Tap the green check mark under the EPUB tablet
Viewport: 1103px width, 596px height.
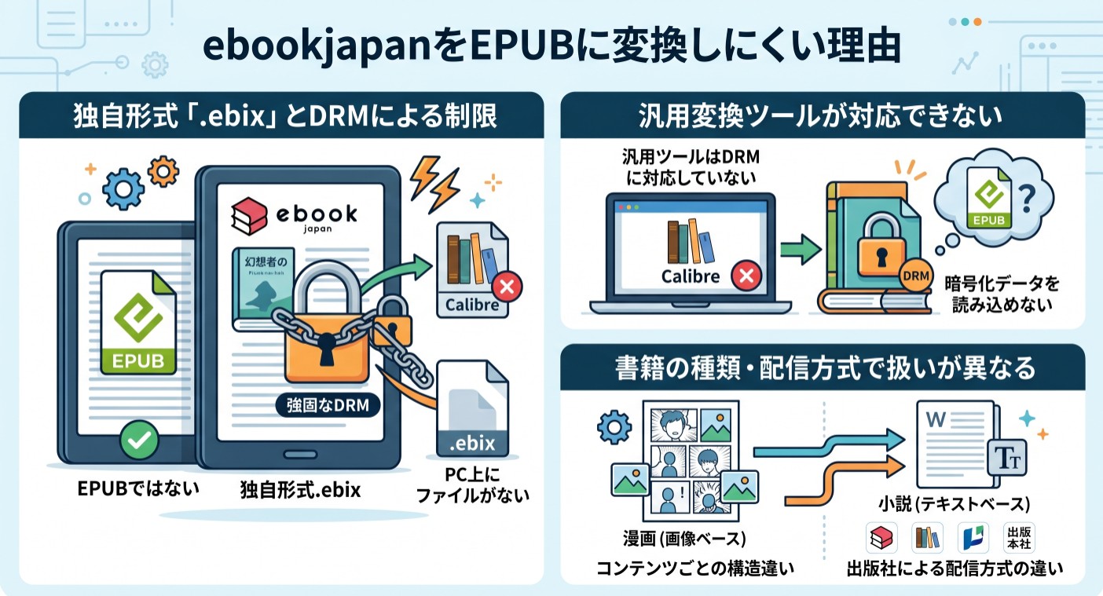tap(138, 442)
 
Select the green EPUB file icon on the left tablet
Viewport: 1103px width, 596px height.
tap(139, 324)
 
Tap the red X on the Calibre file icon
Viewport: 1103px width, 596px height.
tap(507, 288)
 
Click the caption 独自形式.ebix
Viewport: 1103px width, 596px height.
tap(300, 491)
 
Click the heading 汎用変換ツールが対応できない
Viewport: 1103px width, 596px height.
tap(822, 117)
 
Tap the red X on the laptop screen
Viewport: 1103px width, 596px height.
tap(743, 276)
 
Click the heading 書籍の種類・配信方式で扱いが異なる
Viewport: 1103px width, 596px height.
tap(822, 368)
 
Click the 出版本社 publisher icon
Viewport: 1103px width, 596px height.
tap(1019, 538)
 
